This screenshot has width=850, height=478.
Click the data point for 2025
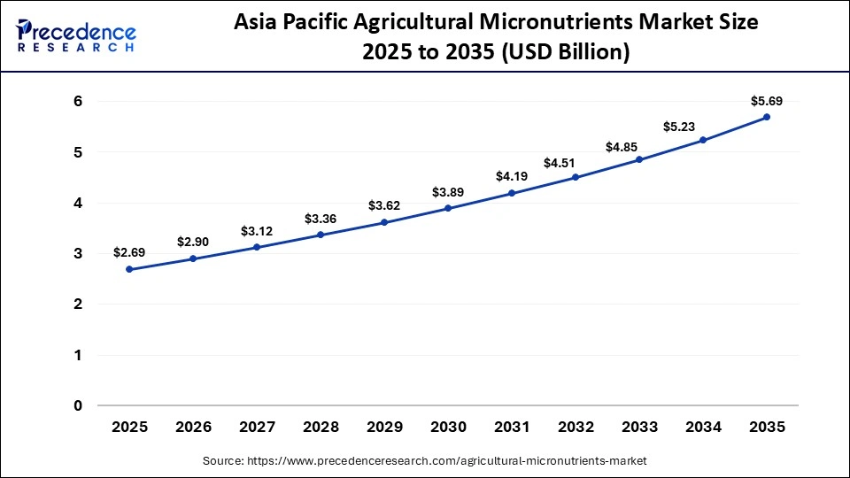point(129,269)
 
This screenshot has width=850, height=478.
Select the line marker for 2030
point(448,208)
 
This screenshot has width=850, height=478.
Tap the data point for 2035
point(767,117)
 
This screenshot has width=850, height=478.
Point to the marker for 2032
point(576,177)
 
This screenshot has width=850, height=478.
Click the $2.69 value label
point(129,252)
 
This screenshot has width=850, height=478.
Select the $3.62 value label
point(384,205)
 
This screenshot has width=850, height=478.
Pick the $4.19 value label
point(512,176)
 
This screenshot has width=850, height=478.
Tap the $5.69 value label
point(767,100)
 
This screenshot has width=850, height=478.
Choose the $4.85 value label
point(639,146)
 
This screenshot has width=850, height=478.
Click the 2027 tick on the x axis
point(257,427)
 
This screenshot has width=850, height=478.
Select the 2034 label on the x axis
point(703,427)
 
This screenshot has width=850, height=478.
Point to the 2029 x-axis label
point(384,427)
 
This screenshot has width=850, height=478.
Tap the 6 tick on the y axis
point(78,102)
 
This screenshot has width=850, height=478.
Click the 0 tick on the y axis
point(78,406)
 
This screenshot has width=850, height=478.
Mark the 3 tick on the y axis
point(78,254)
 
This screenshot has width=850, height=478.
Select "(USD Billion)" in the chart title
point(567,53)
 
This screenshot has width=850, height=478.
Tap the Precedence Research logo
point(76,35)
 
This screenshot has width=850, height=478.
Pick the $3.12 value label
point(257,231)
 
